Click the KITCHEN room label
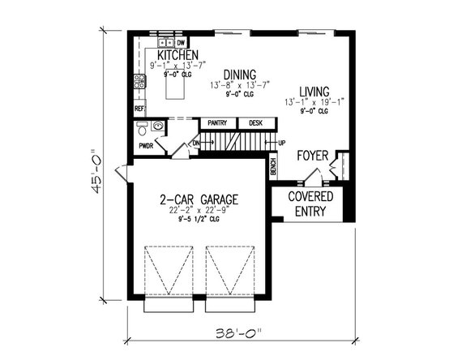pos(172,55)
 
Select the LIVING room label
pos(314,91)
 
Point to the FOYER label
pos(313,155)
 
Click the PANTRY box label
pos(217,123)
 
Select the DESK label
pos(255,123)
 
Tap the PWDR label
pos(147,147)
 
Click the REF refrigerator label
pos(139,108)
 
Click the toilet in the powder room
pos(143,128)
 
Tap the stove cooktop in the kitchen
pos(139,80)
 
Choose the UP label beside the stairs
pos(281,143)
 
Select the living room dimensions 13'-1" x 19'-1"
pos(314,102)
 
